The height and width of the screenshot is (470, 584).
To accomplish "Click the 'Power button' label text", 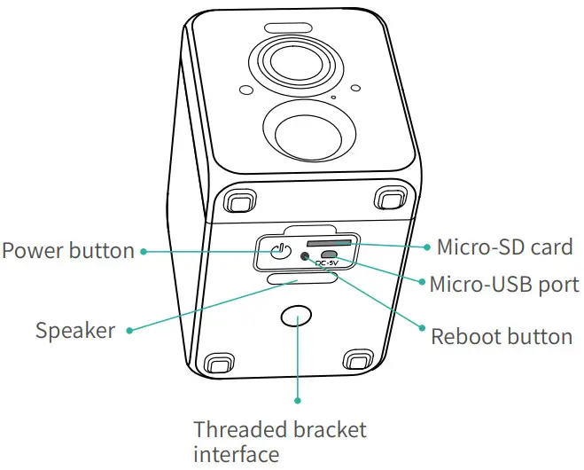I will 67,251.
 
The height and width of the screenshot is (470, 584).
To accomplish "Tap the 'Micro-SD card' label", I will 504,247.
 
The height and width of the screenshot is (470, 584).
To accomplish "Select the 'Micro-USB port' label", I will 503,285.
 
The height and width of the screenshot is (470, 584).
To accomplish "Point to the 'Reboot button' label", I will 501,337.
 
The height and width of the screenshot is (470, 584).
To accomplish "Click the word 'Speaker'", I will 75,331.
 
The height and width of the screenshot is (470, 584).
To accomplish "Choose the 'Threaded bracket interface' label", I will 279,442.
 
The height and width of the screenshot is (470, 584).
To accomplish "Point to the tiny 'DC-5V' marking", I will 330,263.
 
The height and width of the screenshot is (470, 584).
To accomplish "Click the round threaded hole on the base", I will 297,317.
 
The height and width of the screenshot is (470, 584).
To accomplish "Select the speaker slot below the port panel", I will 300,279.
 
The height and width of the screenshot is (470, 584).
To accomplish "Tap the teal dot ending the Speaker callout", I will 129,331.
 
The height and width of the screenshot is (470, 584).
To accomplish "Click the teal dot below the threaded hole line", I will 298,403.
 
